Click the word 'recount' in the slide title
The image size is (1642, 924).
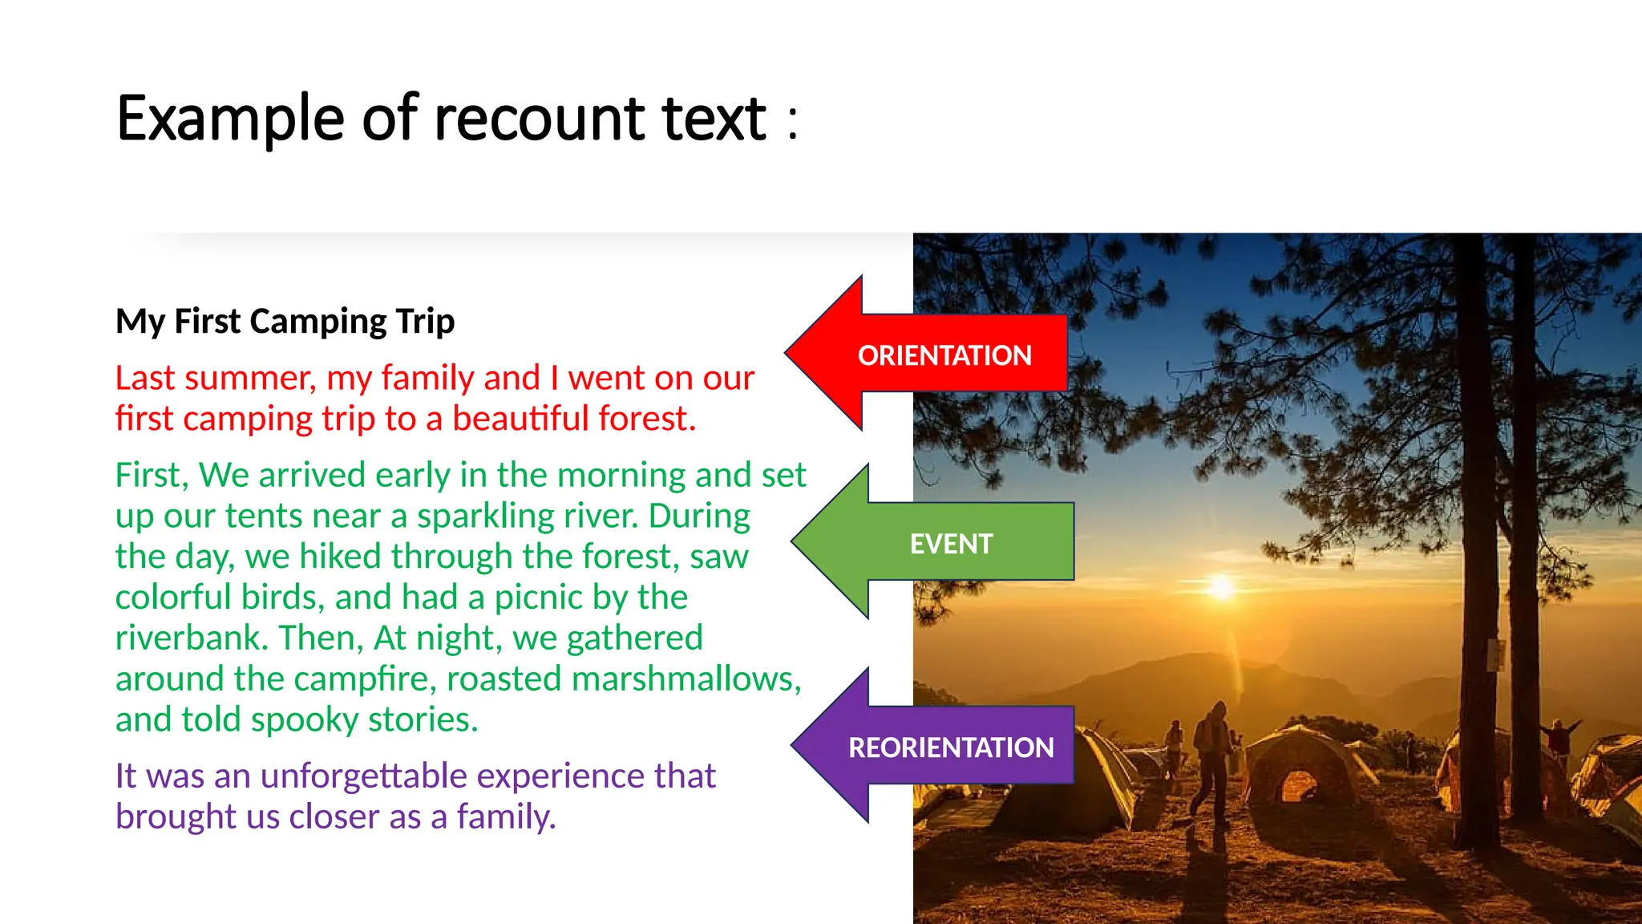tap(540, 119)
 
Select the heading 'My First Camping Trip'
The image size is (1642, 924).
tap(285, 321)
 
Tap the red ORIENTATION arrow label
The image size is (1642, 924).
tap(944, 355)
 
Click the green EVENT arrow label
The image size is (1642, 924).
tap(951, 544)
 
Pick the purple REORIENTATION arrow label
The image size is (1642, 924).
tap(951, 748)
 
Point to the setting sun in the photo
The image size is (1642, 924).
tap(1221, 586)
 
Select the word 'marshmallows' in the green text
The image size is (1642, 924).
tap(686, 679)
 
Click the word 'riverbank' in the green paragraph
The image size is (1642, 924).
tap(192, 638)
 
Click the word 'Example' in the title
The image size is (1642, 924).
tap(230, 119)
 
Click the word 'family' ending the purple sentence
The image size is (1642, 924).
tap(504, 817)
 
